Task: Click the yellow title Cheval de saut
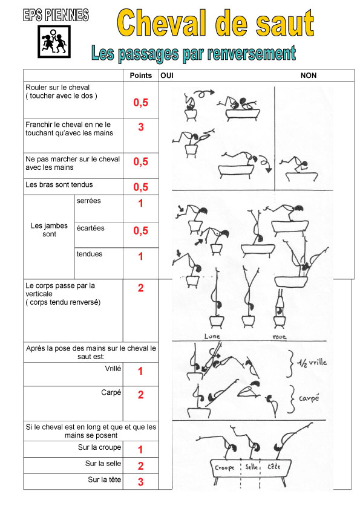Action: [x=215, y=23]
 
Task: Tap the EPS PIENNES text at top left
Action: [x=56, y=15]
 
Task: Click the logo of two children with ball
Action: [x=54, y=42]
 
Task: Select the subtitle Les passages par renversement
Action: [x=194, y=53]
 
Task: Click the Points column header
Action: [x=141, y=76]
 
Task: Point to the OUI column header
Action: [x=167, y=76]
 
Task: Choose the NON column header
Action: [x=309, y=76]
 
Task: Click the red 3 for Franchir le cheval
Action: [x=141, y=127]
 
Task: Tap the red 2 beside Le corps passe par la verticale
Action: [x=141, y=288]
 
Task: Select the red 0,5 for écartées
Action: [x=141, y=230]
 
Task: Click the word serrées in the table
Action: [x=89, y=201]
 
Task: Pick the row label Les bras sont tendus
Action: [x=59, y=184]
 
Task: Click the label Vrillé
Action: [x=113, y=368]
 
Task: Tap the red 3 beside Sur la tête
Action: [x=140, y=482]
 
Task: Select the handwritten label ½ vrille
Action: [x=312, y=362]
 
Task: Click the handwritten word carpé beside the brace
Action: [x=309, y=398]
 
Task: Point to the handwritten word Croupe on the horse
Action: [x=224, y=468]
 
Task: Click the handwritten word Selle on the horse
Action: [x=252, y=467]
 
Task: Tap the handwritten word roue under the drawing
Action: [x=280, y=337]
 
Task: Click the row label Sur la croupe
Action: [x=99, y=447]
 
